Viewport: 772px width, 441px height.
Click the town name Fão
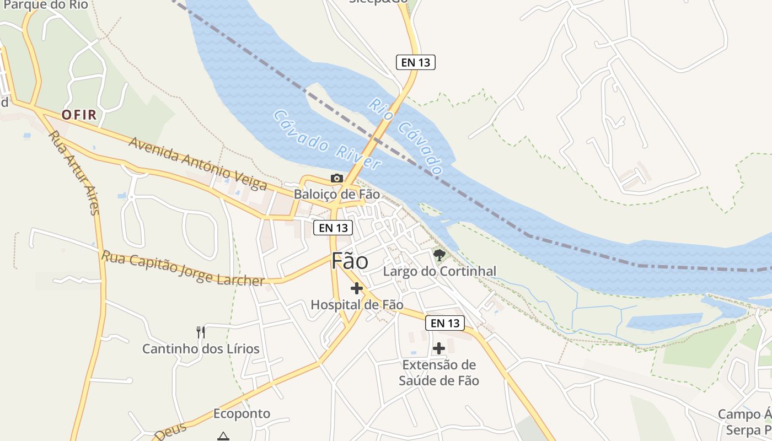tap(350, 261)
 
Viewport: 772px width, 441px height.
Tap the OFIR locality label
tap(79, 115)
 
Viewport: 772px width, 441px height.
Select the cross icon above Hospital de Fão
tap(357, 288)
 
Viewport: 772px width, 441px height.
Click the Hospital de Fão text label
tap(357, 304)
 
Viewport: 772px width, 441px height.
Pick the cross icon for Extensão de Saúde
tap(439, 348)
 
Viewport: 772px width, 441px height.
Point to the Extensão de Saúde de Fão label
tap(439, 373)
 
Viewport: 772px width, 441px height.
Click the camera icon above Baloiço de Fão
tap(336, 178)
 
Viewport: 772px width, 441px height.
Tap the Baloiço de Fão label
tap(336, 194)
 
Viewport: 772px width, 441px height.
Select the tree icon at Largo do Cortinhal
tap(439, 255)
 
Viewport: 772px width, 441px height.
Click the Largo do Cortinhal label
tap(439, 271)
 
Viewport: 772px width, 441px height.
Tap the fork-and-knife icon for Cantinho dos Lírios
tap(201, 332)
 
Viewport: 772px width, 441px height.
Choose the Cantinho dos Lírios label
tap(201, 349)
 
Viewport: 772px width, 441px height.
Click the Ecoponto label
tap(242, 413)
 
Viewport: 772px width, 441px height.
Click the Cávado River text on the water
tap(326, 140)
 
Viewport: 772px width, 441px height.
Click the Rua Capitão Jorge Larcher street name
tap(183, 268)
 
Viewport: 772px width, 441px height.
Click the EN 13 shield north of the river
tap(416, 62)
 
